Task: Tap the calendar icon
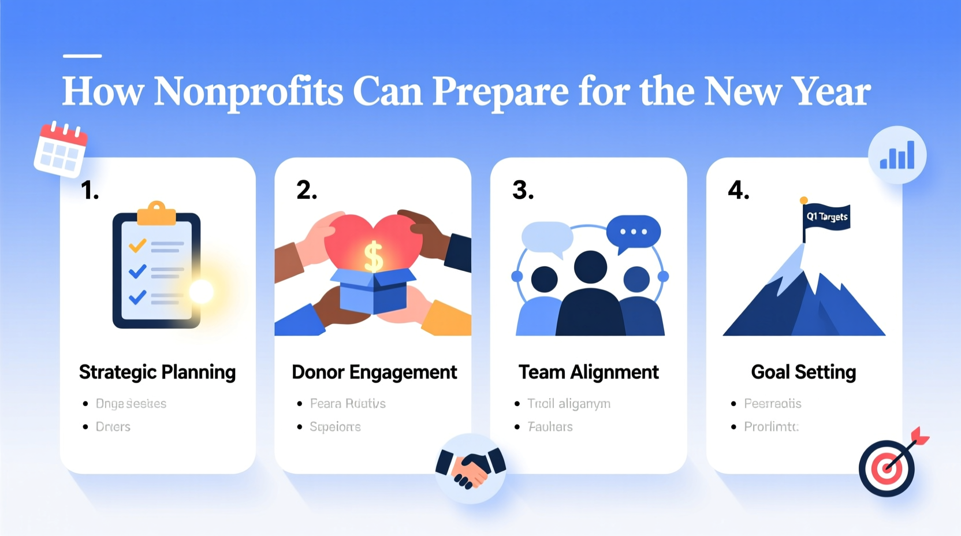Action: point(60,149)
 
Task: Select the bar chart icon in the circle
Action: point(897,155)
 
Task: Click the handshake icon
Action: point(470,468)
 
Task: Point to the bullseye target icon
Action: point(887,468)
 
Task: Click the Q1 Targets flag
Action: point(827,217)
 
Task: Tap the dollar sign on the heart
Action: point(374,256)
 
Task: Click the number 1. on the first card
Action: point(90,191)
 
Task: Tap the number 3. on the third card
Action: point(523,191)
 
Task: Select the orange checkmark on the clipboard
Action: point(137,246)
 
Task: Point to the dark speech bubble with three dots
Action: point(633,232)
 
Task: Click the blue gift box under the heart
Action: point(373,292)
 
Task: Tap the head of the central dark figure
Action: point(590,267)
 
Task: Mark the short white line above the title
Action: point(82,56)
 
